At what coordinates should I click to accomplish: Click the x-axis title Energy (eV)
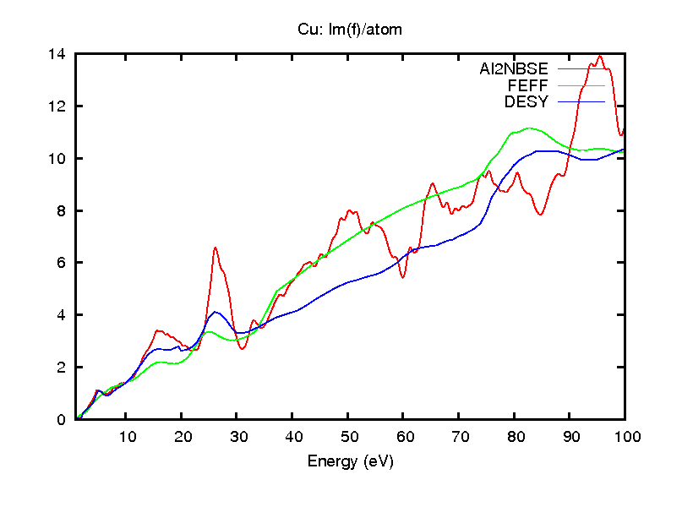pyautogui.click(x=350, y=461)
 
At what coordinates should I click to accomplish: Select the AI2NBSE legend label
pyautogui.click(x=514, y=68)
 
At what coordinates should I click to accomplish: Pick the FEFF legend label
pyautogui.click(x=528, y=85)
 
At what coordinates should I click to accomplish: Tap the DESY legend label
pyautogui.click(x=527, y=102)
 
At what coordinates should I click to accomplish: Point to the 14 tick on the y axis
pyautogui.click(x=57, y=54)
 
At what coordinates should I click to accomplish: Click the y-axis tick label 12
pyautogui.click(x=57, y=106)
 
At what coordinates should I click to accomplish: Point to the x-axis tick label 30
pyautogui.click(x=237, y=437)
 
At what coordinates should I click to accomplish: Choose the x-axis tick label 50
pyautogui.click(x=348, y=437)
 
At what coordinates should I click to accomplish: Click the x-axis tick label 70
pyautogui.click(x=459, y=437)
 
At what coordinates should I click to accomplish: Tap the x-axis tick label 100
pyautogui.click(x=625, y=437)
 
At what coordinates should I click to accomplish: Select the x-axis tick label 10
pyautogui.click(x=126, y=437)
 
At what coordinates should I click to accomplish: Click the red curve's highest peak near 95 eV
pyautogui.click(x=600, y=57)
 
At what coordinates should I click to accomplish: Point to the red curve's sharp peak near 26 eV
pyautogui.click(x=216, y=248)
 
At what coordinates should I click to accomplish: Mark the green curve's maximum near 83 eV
pyautogui.click(x=530, y=128)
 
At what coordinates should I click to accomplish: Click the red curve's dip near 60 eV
pyautogui.click(x=403, y=277)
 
